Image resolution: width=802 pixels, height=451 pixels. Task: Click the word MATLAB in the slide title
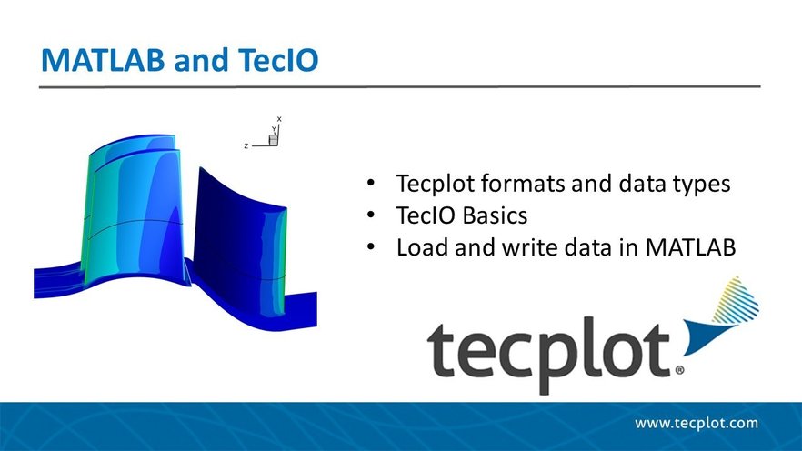click(103, 60)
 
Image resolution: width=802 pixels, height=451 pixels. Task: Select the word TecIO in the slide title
click(278, 60)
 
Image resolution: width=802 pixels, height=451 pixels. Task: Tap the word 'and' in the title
click(201, 60)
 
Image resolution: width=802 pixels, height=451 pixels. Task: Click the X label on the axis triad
click(279, 119)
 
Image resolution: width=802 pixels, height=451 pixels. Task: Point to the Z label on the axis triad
click(246, 146)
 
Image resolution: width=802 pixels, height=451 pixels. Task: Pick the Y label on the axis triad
click(274, 129)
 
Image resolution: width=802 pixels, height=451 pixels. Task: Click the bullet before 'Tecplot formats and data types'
click(371, 183)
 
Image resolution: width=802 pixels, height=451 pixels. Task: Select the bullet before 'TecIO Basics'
click(371, 215)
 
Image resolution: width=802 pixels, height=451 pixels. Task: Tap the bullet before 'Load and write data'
click(371, 246)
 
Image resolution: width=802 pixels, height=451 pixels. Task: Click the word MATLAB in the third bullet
click(690, 247)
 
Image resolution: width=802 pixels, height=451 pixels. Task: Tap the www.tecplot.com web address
click(697, 424)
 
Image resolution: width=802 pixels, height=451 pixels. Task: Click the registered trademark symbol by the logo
click(679, 370)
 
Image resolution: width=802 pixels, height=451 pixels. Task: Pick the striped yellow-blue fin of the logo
click(737, 301)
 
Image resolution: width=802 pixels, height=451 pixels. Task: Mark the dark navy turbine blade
click(239, 240)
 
